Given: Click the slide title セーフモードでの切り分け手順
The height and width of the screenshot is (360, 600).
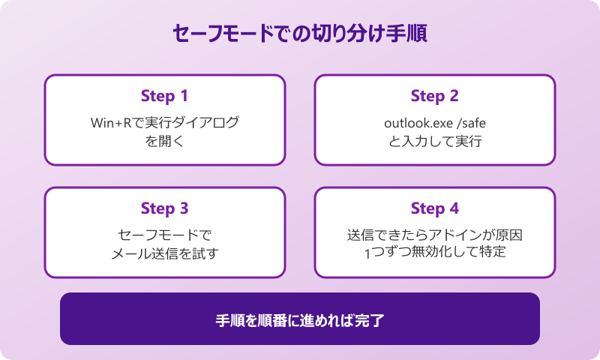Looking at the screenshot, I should coord(300,34).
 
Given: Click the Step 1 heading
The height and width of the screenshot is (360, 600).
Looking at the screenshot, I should coord(164,96).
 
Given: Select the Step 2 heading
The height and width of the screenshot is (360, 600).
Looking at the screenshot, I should coord(434,96).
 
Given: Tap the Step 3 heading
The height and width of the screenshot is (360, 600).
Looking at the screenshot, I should coord(164,208).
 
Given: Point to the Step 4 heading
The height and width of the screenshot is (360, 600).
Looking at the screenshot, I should coord(434,208).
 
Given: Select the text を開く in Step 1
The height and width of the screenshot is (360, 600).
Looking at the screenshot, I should coord(164,140).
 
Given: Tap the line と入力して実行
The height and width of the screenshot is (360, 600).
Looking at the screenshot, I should coord(434,140).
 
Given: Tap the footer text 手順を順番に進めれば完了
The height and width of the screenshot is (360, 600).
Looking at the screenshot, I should coord(300,320).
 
